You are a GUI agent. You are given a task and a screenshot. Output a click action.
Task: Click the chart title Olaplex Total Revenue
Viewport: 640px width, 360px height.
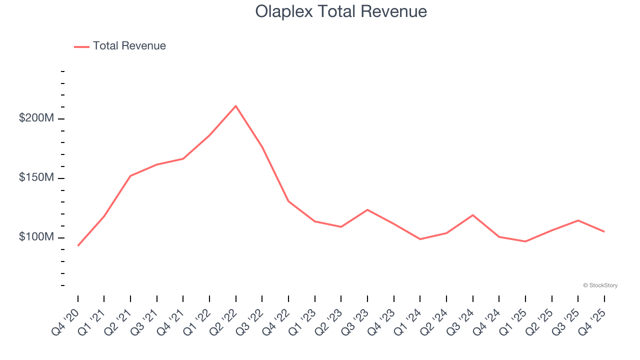coord(341,11)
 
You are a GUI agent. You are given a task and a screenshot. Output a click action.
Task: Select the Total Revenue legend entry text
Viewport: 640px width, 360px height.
coord(129,46)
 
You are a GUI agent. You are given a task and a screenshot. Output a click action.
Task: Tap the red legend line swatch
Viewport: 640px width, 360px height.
coord(81,46)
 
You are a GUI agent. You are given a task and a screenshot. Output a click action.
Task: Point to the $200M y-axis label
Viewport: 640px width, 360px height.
coord(36,118)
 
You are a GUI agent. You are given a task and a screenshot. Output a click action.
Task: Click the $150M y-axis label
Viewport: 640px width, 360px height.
coord(36,178)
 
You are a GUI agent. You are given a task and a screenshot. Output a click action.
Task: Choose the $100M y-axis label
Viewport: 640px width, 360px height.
coord(36,237)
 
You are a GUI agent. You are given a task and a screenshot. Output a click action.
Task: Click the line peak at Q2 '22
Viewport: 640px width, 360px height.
coord(235,106)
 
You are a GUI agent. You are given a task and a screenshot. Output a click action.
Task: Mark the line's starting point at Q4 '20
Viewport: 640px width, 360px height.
coord(78,245)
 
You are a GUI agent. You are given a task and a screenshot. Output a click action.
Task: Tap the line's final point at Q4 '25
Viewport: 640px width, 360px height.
coord(604,231)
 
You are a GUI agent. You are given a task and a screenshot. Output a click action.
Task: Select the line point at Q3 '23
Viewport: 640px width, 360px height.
coord(367,209)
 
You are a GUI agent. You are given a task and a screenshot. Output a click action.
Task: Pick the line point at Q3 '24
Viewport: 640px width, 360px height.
coord(472,215)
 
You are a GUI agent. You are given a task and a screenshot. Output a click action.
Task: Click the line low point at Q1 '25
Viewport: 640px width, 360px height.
coord(525,241)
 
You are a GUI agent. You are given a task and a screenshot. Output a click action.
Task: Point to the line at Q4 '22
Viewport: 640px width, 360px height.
coord(288,201)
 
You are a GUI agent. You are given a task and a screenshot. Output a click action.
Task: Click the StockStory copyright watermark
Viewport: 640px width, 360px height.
coord(600,285)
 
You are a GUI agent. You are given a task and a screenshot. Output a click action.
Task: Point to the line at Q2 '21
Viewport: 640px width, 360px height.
coord(130,176)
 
